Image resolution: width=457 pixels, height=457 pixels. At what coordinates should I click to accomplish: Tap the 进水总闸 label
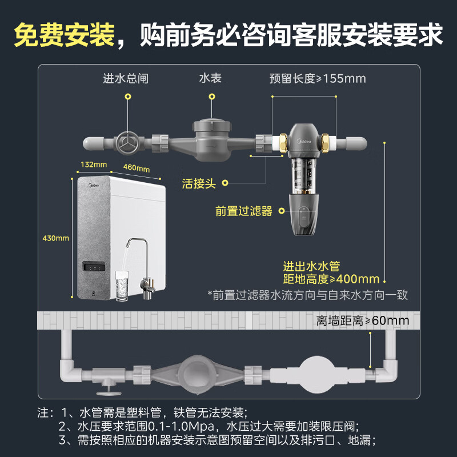pyautogui.click(x=126, y=78)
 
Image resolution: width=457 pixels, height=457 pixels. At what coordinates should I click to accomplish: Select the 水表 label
pyautogui.click(x=210, y=78)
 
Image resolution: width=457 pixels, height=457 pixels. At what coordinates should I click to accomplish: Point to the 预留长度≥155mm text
pyautogui.click(x=318, y=78)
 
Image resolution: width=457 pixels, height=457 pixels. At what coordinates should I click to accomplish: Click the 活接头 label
pyautogui.click(x=199, y=183)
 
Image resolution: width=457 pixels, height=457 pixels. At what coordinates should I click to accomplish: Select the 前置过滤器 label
pyautogui.click(x=244, y=211)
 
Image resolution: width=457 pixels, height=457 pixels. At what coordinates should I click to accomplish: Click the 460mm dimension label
pyautogui.click(x=136, y=168)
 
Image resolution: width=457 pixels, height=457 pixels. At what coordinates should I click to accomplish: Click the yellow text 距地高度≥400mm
pyautogui.click(x=331, y=279)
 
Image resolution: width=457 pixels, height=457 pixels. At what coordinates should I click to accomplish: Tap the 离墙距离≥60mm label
pyautogui.click(x=363, y=320)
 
